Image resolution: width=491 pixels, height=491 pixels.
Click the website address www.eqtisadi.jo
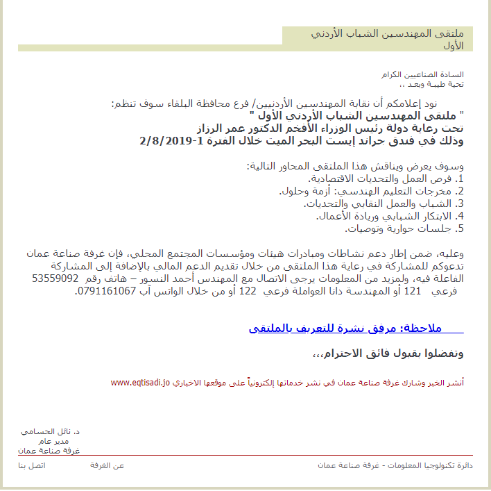[140, 383]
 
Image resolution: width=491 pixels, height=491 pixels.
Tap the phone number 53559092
[55, 278]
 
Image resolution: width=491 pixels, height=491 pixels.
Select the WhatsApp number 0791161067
[104, 292]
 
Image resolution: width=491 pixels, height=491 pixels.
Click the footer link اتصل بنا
[31, 465]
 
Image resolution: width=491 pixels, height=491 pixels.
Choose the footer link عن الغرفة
[107, 465]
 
